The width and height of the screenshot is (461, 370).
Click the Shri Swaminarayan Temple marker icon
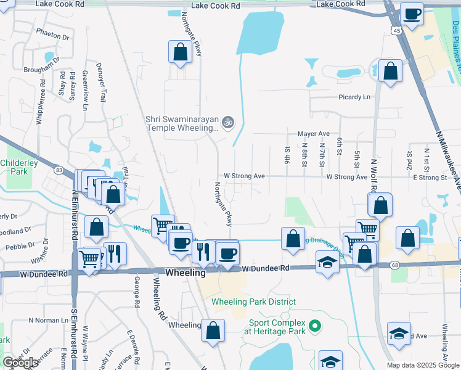point(227,122)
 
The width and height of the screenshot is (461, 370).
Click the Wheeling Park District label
point(253,302)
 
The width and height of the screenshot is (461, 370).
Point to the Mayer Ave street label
point(314,133)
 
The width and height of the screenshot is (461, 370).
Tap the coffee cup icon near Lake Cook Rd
point(412,14)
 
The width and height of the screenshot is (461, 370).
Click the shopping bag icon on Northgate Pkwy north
point(180,53)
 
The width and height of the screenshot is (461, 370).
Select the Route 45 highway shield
point(396,30)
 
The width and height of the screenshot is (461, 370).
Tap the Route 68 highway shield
point(395,265)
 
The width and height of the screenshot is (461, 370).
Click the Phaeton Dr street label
point(52,36)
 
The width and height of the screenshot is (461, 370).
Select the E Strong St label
point(430,177)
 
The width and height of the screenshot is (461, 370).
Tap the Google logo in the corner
point(21,363)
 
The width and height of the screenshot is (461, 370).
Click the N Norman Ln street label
point(49,321)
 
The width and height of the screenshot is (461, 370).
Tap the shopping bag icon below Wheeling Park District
point(213,330)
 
